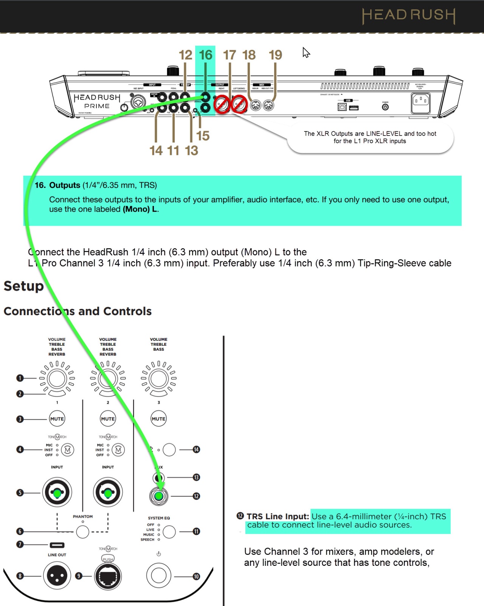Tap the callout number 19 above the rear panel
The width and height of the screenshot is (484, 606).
(275, 55)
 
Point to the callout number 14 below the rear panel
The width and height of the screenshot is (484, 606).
(156, 151)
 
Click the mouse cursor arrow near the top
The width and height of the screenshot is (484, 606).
(306, 52)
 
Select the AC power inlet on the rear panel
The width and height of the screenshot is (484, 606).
(420, 102)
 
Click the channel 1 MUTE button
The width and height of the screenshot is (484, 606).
(57, 419)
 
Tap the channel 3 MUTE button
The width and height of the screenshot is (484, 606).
(158, 419)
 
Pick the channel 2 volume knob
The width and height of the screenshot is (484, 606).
(108, 378)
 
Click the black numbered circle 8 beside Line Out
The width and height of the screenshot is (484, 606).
(20, 576)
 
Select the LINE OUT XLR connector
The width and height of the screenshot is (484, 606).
(57, 576)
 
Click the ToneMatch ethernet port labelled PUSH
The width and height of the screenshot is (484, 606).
(108, 576)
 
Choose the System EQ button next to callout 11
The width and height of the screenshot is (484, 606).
(169, 532)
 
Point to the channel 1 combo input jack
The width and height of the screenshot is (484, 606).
(57, 493)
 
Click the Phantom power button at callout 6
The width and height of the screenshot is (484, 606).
(82, 532)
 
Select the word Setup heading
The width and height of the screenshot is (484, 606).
(23, 286)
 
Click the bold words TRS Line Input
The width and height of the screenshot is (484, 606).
(278, 517)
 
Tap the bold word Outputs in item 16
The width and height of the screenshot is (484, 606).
(65, 185)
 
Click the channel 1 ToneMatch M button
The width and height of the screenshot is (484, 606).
(68, 450)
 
